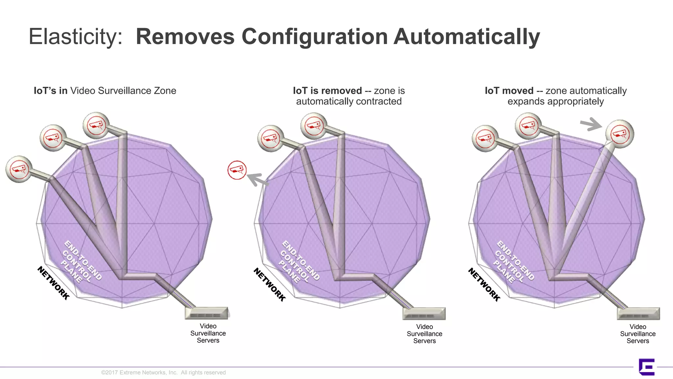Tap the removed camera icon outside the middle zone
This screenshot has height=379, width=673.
[237, 170]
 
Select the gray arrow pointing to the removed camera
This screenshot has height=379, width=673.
[257, 180]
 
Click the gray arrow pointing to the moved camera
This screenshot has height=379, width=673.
[591, 124]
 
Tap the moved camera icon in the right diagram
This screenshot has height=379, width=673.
[620, 134]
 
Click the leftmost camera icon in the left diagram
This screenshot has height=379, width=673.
[19, 169]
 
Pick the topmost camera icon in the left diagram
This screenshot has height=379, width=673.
[96, 125]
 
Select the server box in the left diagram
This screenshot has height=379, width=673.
[207, 313]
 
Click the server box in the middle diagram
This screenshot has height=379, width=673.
[424, 314]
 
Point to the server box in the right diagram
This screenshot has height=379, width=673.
[638, 314]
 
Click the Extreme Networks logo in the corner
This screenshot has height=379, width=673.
[646, 367]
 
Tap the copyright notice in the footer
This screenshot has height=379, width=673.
[163, 372]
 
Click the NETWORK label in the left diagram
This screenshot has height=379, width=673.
[54, 283]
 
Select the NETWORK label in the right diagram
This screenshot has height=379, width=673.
[484, 285]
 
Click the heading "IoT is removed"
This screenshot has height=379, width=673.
[327, 91]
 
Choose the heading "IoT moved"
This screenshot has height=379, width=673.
[509, 91]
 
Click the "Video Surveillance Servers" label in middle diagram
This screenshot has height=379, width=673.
[424, 334]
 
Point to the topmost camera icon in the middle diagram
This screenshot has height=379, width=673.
[314, 126]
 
